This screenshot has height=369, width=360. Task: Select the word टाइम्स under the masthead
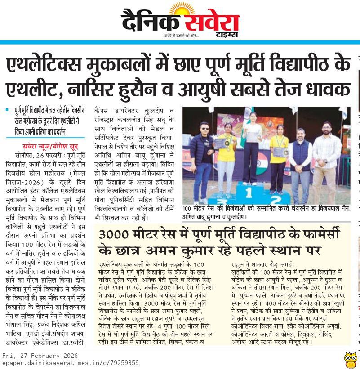[227, 36]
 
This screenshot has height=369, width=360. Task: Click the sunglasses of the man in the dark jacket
[204, 127]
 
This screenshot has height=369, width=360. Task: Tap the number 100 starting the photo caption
[189, 209]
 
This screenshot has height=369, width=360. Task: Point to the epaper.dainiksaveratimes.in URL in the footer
[70, 362]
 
